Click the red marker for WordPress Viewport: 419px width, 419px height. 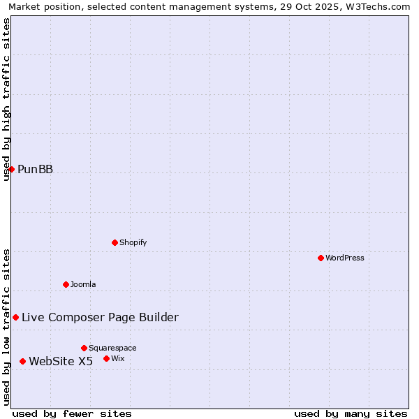coord(321,258)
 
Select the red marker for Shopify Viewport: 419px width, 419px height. coord(115,242)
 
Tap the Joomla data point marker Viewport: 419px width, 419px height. coord(66,284)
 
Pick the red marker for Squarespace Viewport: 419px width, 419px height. coord(84,348)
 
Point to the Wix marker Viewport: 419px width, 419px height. coord(106,358)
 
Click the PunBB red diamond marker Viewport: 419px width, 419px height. coord(11,169)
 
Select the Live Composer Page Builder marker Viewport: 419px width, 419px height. coord(15,317)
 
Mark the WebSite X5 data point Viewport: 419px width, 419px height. coord(22,361)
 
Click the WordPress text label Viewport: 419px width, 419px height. coord(345,258)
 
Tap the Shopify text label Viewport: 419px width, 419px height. coord(133,242)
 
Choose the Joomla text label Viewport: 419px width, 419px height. coord(83,284)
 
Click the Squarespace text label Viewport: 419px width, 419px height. coord(112,348)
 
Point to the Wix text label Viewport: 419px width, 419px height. coord(118,358)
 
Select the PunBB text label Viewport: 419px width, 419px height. coord(35,169)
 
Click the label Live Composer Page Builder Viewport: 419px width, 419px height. coord(100,317)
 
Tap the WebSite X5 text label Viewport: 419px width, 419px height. coord(61,361)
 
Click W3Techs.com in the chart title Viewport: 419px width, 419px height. coord(378,6)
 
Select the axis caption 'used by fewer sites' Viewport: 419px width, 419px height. coord(72,413)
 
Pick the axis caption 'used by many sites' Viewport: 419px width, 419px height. coord(351,413)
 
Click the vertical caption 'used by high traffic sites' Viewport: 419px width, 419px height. coord(6,99)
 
